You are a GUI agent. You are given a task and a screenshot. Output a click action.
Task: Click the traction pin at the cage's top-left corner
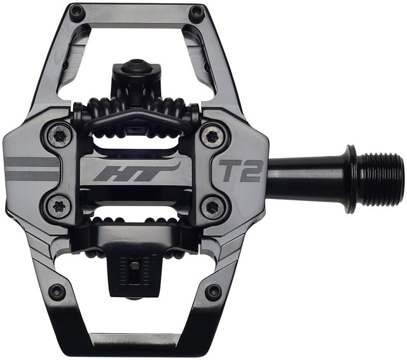[x=77, y=11]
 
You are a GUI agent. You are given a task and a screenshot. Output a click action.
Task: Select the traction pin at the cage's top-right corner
[x=197, y=12]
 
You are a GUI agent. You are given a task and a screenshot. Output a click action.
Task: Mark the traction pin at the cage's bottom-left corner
[x=57, y=292]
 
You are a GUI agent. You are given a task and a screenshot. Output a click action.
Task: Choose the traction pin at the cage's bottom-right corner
[x=214, y=292]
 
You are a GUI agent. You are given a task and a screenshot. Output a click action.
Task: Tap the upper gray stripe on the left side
[x=32, y=162]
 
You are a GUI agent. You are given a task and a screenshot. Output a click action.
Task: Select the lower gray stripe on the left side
[x=32, y=174]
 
